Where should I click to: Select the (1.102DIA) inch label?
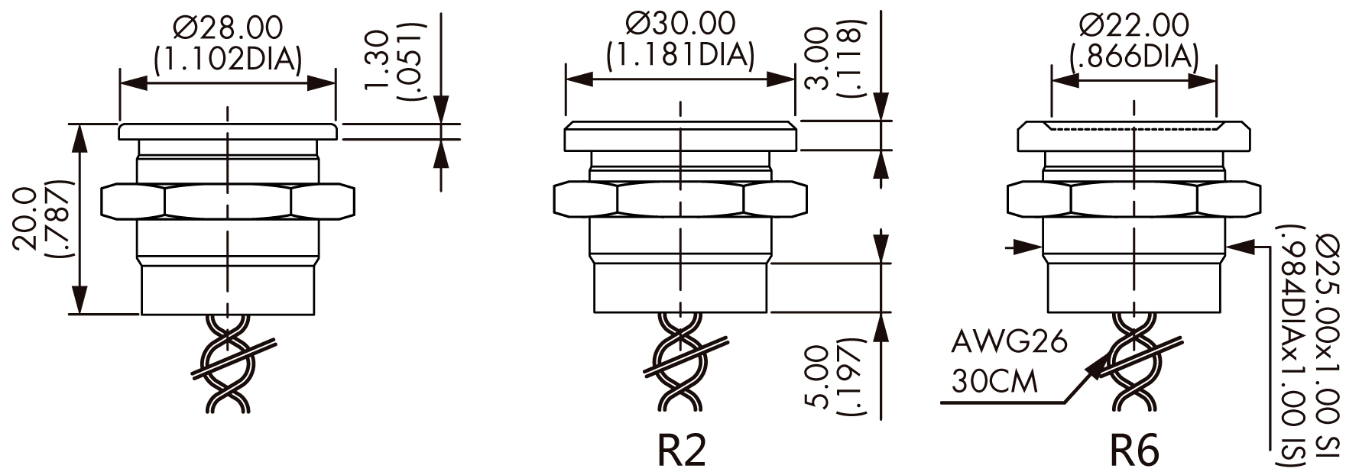[x=227, y=59]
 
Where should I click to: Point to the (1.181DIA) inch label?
[x=680, y=54]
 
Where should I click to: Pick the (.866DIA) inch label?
[x=1134, y=56]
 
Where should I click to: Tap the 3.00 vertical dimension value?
[x=819, y=59]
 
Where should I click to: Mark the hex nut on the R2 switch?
[x=680, y=200]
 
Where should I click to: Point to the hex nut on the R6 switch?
[x=1134, y=200]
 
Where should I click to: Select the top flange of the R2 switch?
[x=680, y=136]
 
